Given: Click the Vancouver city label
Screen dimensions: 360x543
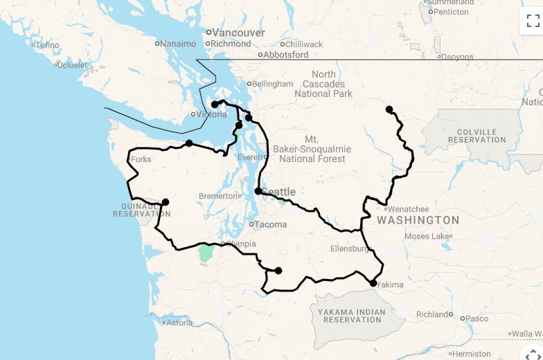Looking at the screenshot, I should coord(238,33).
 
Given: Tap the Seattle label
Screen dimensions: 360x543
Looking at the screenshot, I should coord(278,192).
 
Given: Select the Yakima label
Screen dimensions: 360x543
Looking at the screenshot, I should coord(390,284).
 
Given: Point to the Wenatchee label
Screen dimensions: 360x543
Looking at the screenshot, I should coord(408,209).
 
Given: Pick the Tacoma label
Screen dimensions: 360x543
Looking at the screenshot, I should coord(270,224).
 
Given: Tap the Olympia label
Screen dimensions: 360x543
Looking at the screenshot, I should coord(241,244).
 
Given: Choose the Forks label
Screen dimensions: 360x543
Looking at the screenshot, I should coord(141,159).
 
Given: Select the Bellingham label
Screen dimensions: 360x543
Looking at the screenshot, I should coord(272,84).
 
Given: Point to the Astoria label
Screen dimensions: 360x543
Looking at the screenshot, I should coord(179,322).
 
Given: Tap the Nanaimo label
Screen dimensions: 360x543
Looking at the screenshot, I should coord(179,44).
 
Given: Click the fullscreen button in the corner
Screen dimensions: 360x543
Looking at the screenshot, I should coord(531,21).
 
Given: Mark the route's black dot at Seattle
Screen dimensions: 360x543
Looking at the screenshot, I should coord(258,191).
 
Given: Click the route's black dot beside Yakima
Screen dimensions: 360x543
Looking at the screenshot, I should coord(373,283).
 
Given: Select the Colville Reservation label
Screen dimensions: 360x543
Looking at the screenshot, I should coord(477,136).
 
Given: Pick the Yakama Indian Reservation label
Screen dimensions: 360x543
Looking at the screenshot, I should coord(352,316).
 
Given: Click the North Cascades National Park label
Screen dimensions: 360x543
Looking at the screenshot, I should coord(323,84).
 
